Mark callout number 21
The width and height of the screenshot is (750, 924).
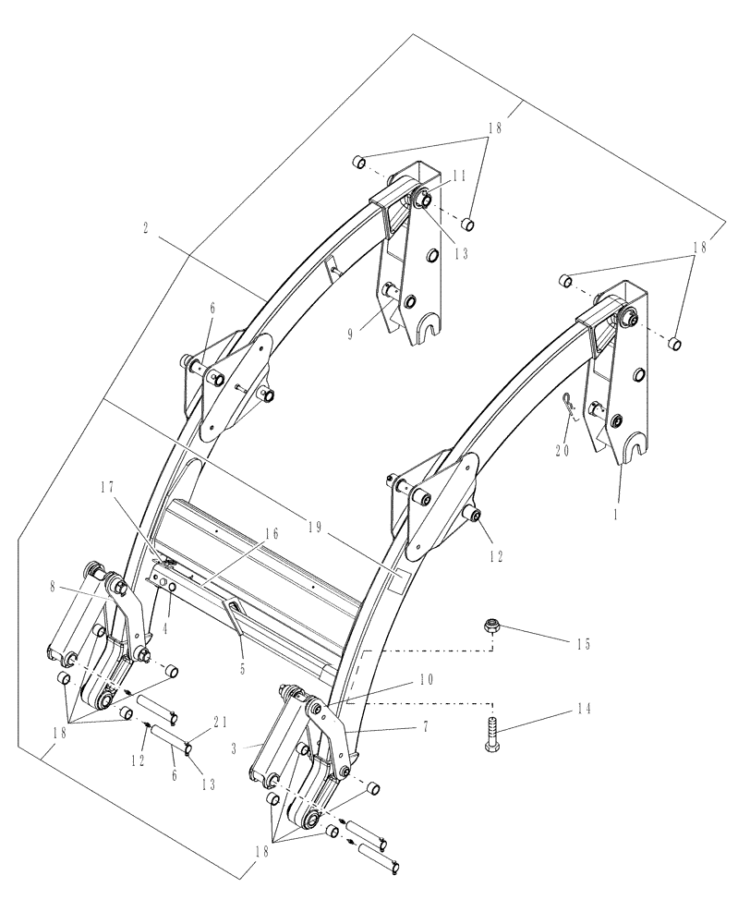(217, 723)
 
